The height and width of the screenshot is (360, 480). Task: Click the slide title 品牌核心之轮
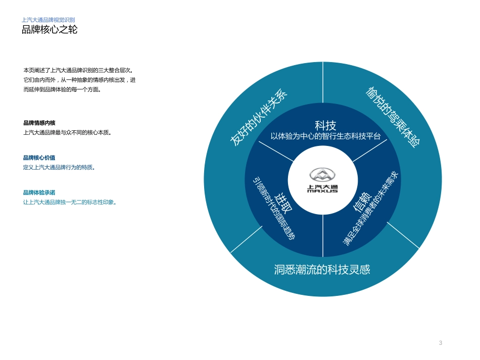(x=50, y=30)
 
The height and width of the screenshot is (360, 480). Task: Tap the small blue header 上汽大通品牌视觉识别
(x=49, y=20)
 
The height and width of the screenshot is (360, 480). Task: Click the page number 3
(x=441, y=343)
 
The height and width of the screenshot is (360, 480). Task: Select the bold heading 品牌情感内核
(x=39, y=123)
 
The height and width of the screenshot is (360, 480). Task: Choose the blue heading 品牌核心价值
(x=39, y=158)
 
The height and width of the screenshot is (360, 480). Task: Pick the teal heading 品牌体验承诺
(x=39, y=192)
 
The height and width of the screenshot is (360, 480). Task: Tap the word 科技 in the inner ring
(x=325, y=125)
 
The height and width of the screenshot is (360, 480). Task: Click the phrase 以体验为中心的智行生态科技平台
(x=325, y=136)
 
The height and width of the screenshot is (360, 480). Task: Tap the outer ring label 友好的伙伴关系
(x=258, y=118)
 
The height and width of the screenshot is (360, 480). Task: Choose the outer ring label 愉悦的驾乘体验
(x=393, y=117)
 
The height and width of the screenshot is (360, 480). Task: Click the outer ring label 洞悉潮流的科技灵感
(x=322, y=269)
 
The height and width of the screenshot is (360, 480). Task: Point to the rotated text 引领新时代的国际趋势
(x=273, y=208)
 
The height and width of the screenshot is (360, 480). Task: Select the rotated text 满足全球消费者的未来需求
(x=371, y=209)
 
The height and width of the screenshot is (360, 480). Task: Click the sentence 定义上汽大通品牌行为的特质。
(x=59, y=167)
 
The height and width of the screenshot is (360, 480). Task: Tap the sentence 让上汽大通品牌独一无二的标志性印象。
(x=70, y=202)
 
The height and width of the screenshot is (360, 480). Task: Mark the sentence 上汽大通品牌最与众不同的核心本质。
(x=67, y=132)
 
